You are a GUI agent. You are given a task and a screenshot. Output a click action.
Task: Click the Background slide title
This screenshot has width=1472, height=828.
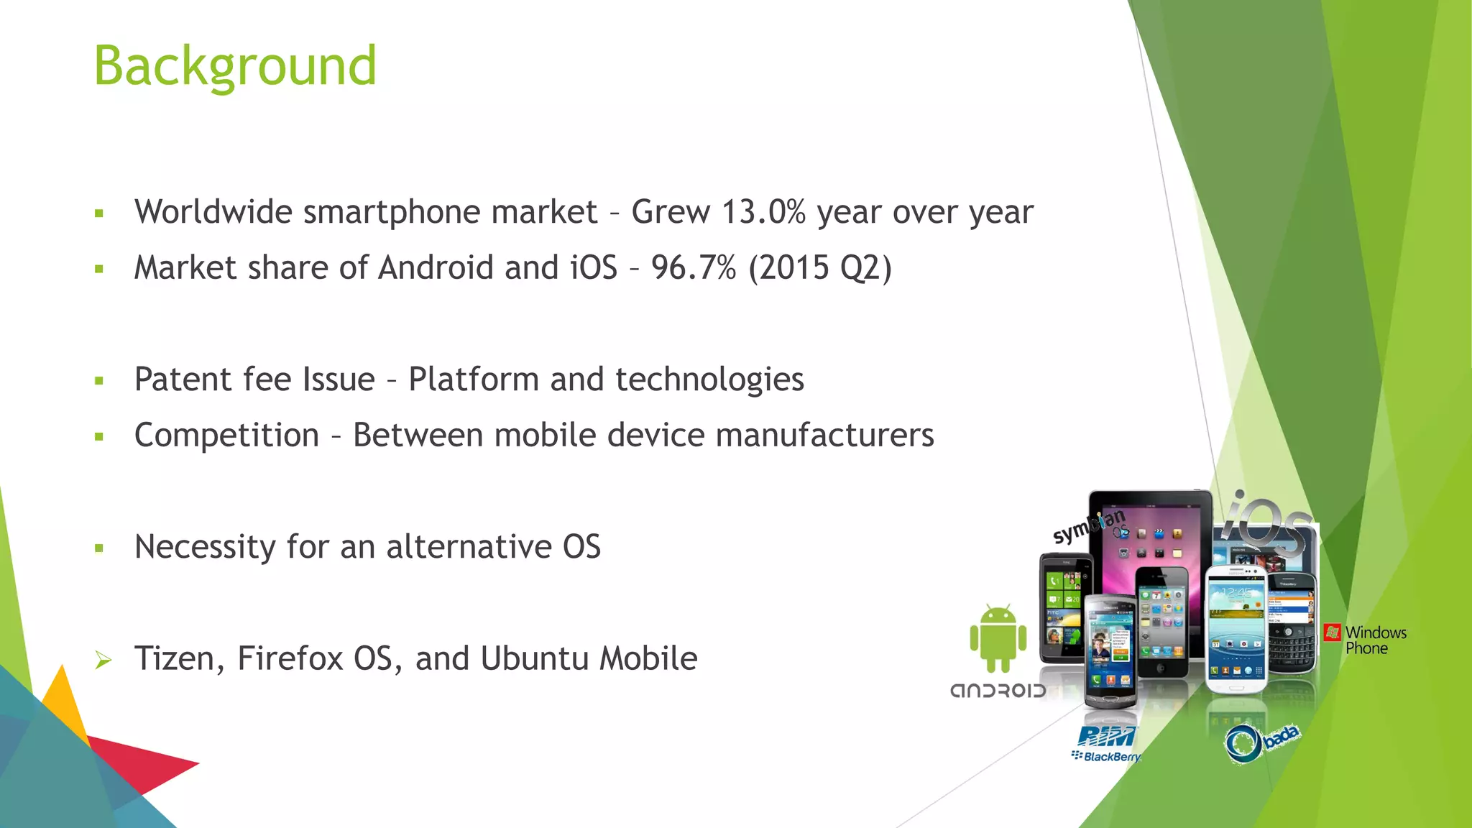click(x=235, y=66)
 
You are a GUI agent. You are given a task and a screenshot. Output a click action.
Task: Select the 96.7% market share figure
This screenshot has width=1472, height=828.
click(x=694, y=268)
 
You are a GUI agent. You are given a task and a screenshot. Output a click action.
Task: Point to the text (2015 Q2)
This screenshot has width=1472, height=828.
click(x=820, y=268)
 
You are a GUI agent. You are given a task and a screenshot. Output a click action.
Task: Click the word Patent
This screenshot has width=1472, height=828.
click(x=183, y=379)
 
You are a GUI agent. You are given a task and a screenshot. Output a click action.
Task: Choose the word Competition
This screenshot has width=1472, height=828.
click(x=226, y=436)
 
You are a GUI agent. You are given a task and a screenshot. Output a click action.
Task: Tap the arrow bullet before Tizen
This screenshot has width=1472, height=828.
click(x=103, y=660)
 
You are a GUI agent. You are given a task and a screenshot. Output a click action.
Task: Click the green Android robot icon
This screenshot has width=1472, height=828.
click(x=998, y=638)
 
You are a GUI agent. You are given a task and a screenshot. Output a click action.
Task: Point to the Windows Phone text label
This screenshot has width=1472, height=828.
click(x=1375, y=640)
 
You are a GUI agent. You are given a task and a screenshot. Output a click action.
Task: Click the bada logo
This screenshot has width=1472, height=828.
click(x=1261, y=742)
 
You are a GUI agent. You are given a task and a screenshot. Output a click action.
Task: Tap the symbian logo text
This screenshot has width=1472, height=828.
click(x=1087, y=526)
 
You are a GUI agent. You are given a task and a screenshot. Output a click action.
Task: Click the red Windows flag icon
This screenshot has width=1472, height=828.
click(x=1332, y=632)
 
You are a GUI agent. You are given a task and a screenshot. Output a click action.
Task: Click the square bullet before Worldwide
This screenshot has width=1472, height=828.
click(x=99, y=213)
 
